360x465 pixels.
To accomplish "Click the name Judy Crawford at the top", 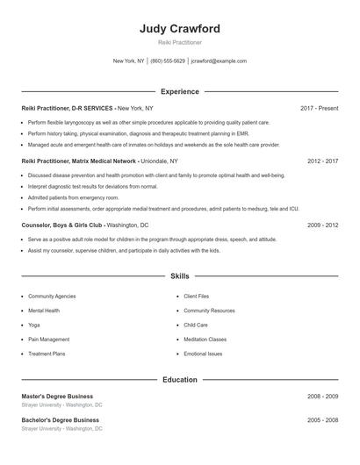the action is (x=180, y=29).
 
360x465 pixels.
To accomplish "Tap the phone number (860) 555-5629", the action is (x=168, y=61).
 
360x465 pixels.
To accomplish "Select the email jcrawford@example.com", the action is (x=219, y=61).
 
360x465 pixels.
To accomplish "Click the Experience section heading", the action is (x=180, y=91).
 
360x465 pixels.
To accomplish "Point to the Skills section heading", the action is (x=180, y=276).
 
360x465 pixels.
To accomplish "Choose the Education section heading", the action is (x=180, y=380).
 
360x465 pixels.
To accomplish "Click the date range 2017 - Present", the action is (x=319, y=108).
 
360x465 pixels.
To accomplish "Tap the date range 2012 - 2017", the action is (x=322, y=161).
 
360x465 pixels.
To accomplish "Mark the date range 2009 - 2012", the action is (x=322, y=225).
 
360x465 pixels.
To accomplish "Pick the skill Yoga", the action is (x=35, y=325).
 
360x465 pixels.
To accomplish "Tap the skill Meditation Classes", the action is (x=205, y=339).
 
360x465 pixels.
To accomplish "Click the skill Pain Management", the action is (x=48, y=339).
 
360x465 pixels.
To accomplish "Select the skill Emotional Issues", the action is (x=203, y=354).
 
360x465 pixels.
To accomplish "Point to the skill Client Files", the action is (x=196, y=297).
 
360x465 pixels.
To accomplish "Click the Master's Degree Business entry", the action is (x=57, y=397).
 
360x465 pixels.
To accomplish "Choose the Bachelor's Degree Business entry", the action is (x=60, y=420).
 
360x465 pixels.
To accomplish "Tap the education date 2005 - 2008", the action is (x=322, y=420).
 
